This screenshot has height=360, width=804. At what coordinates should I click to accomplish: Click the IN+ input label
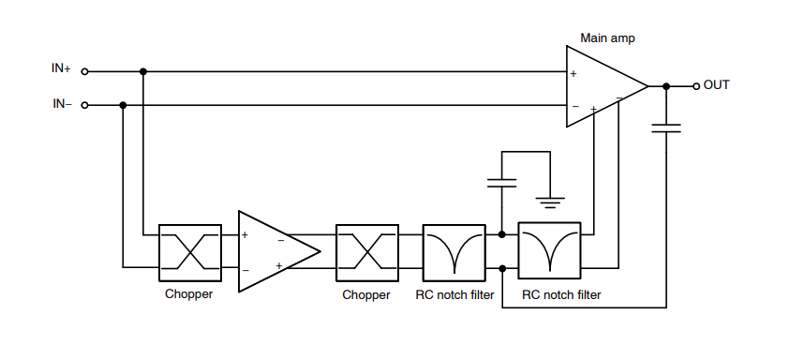61,69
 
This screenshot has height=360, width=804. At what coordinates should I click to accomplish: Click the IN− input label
61,104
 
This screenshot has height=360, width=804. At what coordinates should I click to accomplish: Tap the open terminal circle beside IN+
85,70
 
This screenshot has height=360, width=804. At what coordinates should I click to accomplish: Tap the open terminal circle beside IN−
85,105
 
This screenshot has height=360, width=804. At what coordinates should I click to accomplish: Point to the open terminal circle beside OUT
695,86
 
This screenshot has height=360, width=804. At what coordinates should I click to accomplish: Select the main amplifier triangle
600,87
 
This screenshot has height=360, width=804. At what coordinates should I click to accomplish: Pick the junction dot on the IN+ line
142,70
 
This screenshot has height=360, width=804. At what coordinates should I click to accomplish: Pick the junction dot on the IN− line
124,105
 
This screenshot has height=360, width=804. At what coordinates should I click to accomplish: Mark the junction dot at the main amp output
666,86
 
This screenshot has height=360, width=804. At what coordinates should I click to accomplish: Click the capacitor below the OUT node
666,127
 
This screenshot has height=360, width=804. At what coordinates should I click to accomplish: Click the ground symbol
550,199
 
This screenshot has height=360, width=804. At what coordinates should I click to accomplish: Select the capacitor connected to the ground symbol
502,182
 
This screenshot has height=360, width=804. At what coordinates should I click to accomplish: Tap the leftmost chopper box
190,251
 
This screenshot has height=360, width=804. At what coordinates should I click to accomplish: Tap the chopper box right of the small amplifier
365,251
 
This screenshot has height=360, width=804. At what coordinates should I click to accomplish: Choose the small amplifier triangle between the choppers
275,251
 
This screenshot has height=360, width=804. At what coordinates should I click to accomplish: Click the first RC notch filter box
454,251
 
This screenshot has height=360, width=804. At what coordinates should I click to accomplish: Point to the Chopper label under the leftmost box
190,294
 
